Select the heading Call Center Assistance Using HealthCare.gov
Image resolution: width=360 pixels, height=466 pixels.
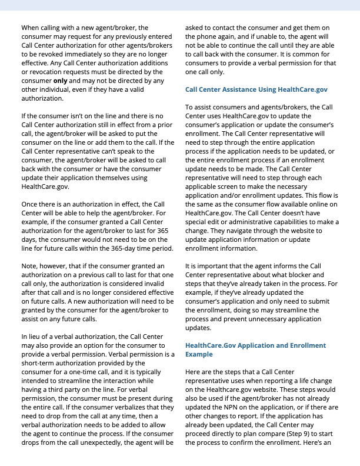click(x=256, y=89)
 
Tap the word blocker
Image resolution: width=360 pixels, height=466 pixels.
click(x=296, y=275)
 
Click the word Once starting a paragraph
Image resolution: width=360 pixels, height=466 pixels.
click(x=31, y=204)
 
